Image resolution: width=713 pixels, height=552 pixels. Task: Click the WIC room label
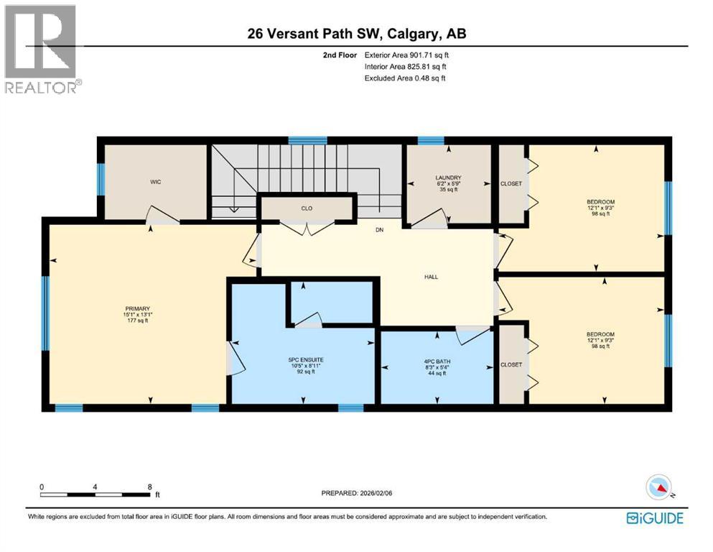point(155,183)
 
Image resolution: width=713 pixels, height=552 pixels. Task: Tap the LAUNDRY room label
point(448,178)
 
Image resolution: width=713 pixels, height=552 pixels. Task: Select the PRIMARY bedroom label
point(136,308)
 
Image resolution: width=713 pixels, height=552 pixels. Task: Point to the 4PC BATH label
point(436,361)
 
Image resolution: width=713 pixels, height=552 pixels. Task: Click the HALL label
point(431,277)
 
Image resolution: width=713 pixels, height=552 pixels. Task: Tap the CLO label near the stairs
point(307,208)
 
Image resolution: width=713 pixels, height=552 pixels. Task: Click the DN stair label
point(381,231)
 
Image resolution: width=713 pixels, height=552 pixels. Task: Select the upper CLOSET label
point(511,184)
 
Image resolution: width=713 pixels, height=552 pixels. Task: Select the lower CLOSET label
point(511,365)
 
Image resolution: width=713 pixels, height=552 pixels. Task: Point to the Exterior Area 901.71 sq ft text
point(407,55)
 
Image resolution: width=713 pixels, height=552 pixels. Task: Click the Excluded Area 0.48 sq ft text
point(405,78)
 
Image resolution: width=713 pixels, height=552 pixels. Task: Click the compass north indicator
point(660,488)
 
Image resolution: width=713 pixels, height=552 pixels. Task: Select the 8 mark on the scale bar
point(149,487)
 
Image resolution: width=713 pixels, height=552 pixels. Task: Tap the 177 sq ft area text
point(136,321)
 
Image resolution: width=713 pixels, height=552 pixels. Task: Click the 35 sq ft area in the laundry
point(448,190)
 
